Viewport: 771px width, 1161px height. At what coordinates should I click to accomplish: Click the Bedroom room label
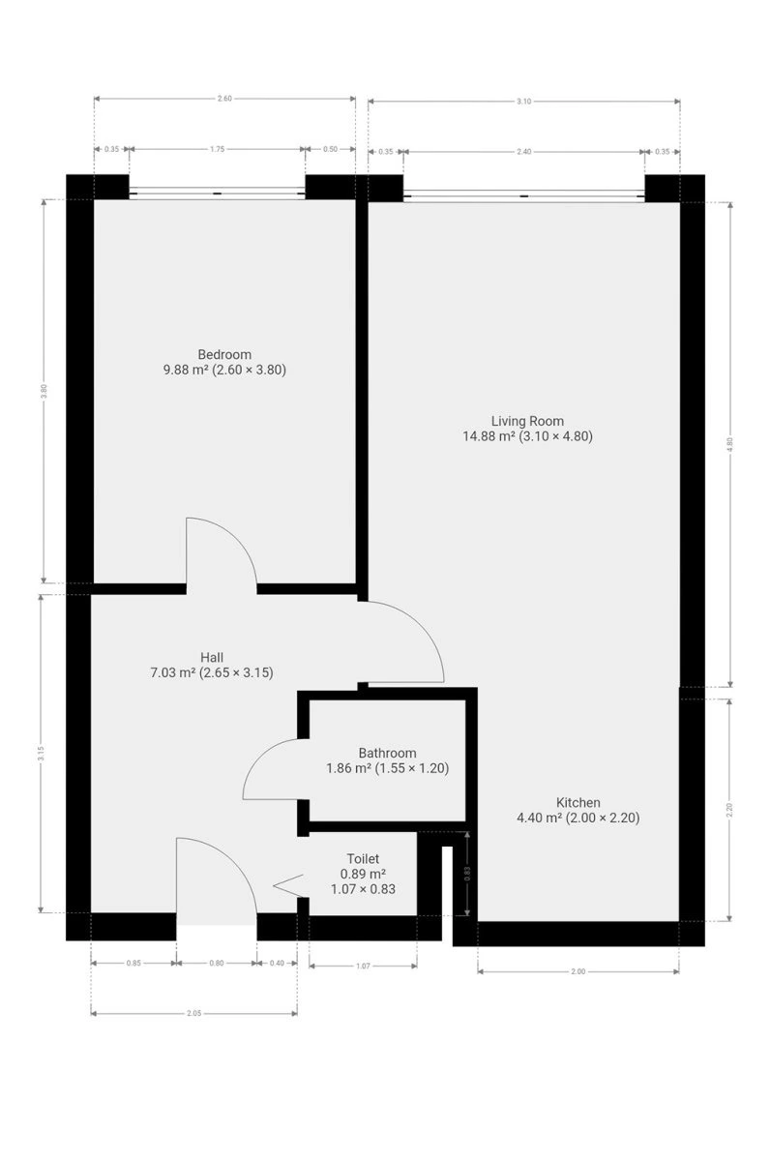(224, 354)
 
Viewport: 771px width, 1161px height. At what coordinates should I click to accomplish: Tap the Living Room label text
(527, 421)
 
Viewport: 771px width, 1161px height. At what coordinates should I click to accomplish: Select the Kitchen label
(578, 803)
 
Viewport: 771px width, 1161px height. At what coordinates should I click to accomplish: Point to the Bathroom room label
(387, 753)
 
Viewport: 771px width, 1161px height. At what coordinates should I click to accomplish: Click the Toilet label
(363, 859)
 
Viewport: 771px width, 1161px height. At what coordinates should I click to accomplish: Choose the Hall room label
(212, 658)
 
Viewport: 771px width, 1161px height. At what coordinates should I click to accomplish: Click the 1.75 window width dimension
(217, 149)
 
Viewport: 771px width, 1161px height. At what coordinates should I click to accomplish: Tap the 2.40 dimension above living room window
(524, 152)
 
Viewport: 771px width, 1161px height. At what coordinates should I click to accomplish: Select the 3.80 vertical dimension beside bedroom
(44, 391)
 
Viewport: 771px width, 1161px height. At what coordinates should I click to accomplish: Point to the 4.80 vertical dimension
(730, 444)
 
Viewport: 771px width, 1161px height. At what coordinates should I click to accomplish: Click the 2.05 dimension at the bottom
(193, 1013)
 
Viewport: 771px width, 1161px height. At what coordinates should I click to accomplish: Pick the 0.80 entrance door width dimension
(216, 963)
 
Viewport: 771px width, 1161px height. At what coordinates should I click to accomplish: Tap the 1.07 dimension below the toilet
(363, 967)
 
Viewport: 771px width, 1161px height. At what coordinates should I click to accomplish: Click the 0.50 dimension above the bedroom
(330, 149)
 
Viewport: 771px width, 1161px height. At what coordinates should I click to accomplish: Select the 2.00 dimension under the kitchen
(578, 971)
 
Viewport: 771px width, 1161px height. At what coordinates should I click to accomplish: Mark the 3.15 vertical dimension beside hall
(41, 753)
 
